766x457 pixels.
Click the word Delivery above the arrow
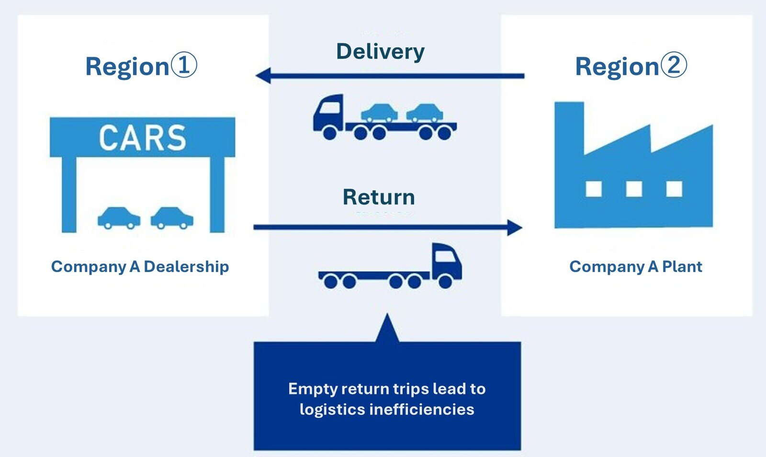tap(380, 52)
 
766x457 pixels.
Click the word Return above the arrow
tap(379, 197)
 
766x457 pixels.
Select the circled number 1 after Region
tap(184, 65)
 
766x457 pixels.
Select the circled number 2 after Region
tap(674, 65)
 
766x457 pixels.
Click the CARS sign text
tap(142, 137)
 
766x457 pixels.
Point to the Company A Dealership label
tap(140, 266)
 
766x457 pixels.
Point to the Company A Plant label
tap(635, 266)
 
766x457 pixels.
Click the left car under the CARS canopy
tap(119, 217)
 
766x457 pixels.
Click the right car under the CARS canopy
tap(172, 217)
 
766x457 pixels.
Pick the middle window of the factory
tap(634, 189)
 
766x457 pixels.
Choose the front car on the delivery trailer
tap(379, 113)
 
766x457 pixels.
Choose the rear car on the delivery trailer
tap(425, 113)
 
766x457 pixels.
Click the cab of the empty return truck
tap(446, 263)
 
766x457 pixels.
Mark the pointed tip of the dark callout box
tap(387, 317)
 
